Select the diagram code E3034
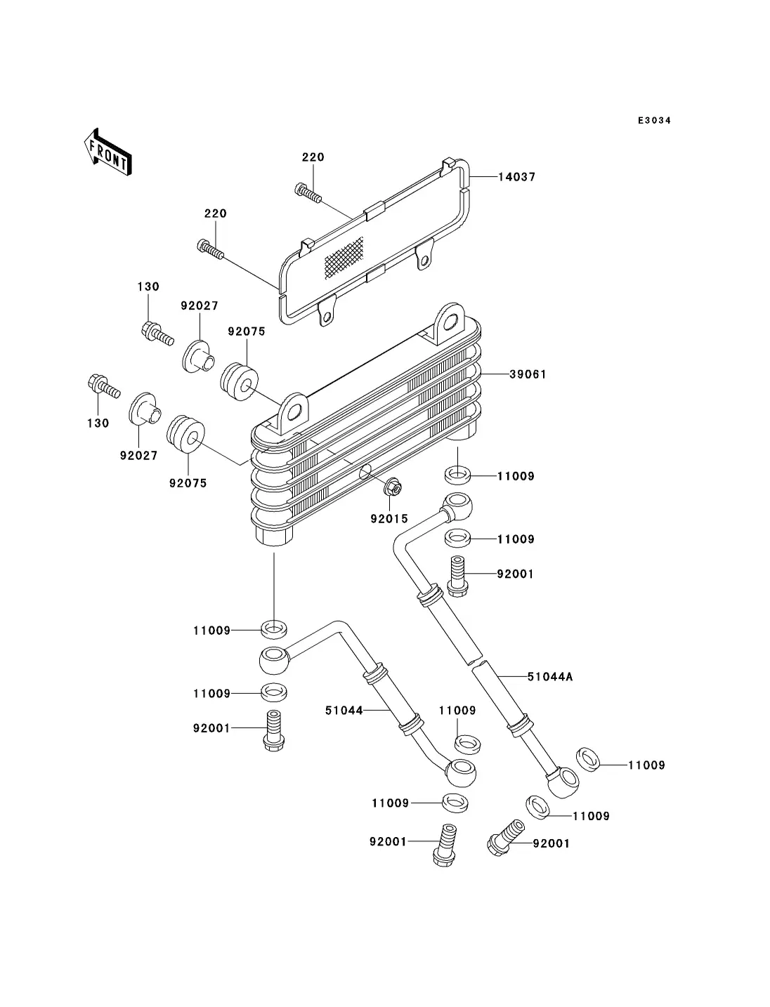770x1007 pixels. (654, 121)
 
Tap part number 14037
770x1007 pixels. (517, 177)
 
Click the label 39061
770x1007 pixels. (528, 374)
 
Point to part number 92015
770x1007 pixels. (389, 519)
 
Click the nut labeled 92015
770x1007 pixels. (394, 487)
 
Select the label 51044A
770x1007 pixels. (550, 677)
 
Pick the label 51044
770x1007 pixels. (344, 711)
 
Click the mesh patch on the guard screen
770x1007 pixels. (344, 256)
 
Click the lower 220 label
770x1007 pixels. (216, 213)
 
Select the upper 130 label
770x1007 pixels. (148, 287)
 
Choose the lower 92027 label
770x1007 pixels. (138, 455)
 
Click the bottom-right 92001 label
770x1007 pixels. (551, 843)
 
